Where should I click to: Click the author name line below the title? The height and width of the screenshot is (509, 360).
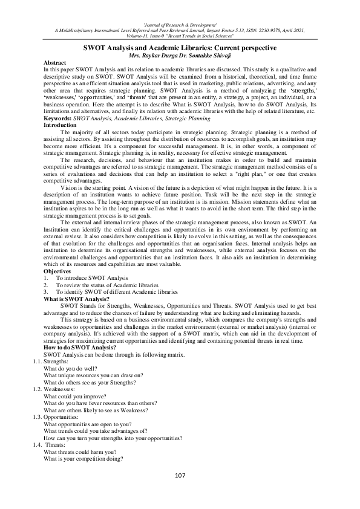pos(179,55)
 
